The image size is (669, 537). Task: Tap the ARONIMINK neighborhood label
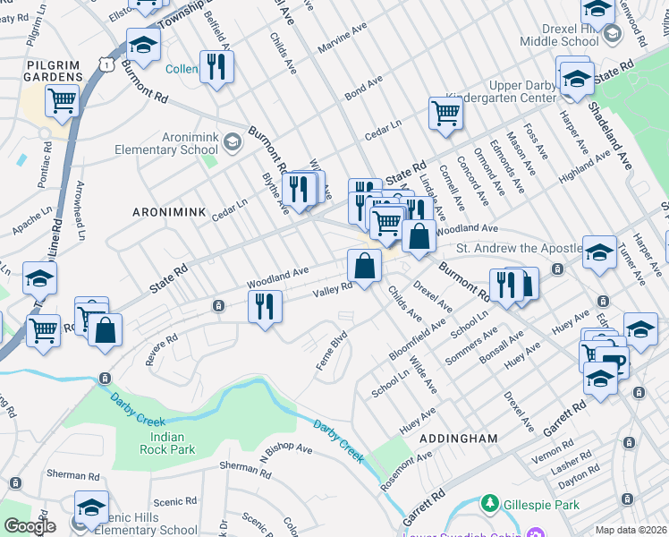click(x=169, y=212)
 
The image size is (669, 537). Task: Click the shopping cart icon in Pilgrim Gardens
click(x=62, y=101)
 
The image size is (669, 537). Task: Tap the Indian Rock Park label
click(x=162, y=442)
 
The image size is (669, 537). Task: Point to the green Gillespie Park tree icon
click(x=489, y=505)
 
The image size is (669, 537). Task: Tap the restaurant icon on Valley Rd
click(x=265, y=307)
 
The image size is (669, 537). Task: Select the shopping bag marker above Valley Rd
click(x=364, y=266)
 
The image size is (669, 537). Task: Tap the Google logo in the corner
click(x=30, y=526)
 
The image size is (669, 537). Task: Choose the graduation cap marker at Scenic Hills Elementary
click(x=91, y=507)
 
